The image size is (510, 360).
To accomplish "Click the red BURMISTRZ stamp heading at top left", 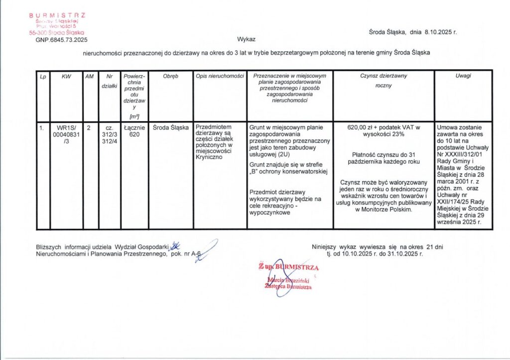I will click(57, 15).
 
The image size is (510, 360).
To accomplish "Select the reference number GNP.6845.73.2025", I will click(61, 39).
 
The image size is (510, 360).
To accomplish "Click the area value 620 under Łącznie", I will click(134, 134).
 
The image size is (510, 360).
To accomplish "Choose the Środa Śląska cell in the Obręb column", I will click(171, 127).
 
